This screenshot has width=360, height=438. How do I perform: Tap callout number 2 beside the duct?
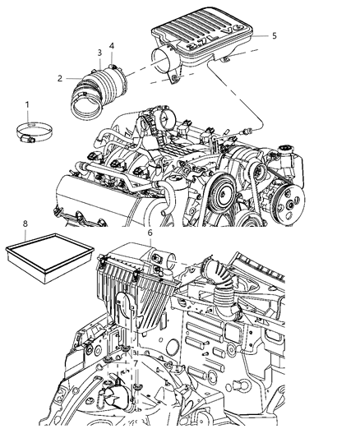pyautogui.click(x=60, y=78)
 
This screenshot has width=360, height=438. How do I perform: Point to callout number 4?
pyautogui.click(x=112, y=45)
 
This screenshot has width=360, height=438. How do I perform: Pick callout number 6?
pyautogui.click(x=150, y=233)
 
